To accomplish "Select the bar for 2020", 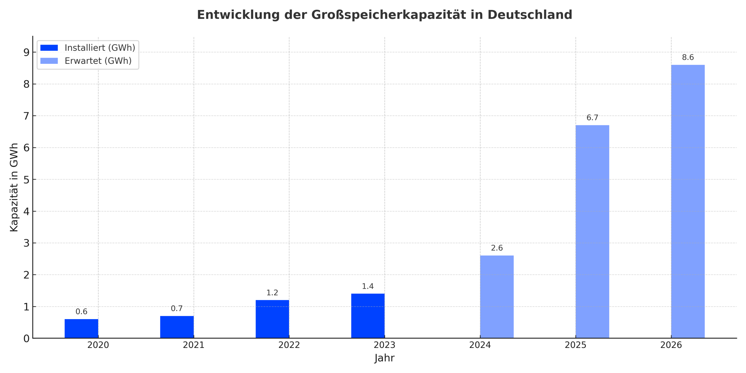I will click(x=81, y=328).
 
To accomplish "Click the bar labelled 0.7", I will click(x=177, y=327).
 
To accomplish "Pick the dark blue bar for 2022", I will click(x=272, y=319).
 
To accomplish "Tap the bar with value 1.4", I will click(x=368, y=316).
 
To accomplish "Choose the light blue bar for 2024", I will click(x=497, y=297).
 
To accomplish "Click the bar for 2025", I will click(x=592, y=232).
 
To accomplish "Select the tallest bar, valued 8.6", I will click(x=688, y=201).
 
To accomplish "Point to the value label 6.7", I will click(x=592, y=118).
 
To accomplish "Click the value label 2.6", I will click(x=497, y=248).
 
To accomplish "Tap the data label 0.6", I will click(x=81, y=312).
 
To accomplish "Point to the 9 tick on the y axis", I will click(x=27, y=52).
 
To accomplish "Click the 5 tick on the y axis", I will click(x=27, y=180).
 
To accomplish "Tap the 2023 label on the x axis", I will click(x=384, y=345).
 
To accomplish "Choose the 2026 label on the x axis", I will click(x=671, y=345).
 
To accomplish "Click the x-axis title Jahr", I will click(x=384, y=358).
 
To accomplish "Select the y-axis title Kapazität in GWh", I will click(x=14, y=187).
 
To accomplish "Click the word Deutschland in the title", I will click(x=529, y=15).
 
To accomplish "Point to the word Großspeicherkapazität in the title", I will click(x=388, y=15).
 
